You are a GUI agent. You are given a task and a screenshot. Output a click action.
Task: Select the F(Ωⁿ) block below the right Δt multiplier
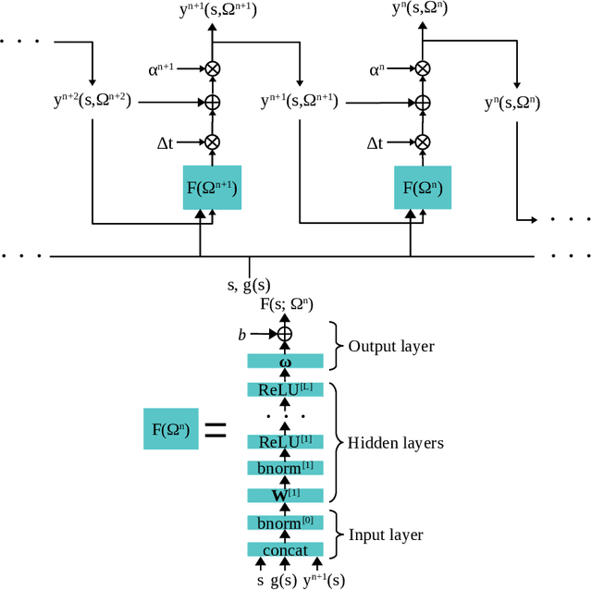(x=422, y=188)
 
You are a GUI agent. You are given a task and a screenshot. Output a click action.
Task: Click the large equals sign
(x=216, y=429)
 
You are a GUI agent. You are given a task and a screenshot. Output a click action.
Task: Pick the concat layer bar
(x=285, y=551)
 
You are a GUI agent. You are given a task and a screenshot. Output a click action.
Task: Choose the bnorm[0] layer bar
(x=285, y=523)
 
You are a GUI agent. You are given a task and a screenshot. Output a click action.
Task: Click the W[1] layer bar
(x=285, y=496)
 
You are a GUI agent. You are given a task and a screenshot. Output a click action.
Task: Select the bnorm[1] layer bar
(x=285, y=469)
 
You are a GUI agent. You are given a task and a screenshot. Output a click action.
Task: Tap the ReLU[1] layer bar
(x=285, y=441)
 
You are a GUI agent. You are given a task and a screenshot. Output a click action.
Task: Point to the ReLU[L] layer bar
(x=285, y=388)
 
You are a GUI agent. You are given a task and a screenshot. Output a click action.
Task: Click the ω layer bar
(x=285, y=361)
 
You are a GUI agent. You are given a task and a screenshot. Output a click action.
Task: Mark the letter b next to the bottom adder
(x=242, y=334)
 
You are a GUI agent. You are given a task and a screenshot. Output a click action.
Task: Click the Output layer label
(x=390, y=347)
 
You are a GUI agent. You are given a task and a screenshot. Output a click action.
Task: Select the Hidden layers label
(x=395, y=443)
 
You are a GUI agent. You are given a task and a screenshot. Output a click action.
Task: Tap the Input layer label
(x=385, y=535)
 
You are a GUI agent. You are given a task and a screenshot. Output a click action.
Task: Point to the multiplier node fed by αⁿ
(x=422, y=68)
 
